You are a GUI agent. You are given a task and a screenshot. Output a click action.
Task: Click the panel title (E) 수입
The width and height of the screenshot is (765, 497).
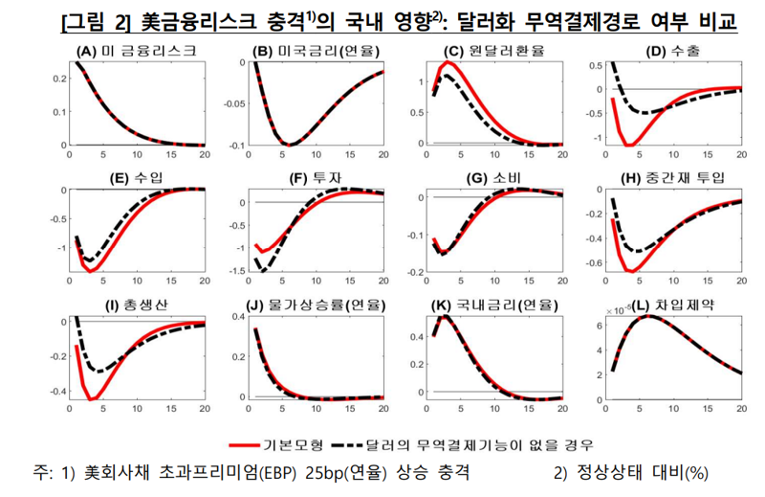point(137,178)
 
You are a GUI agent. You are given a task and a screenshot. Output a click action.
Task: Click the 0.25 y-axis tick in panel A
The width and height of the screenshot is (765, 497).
point(54,64)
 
